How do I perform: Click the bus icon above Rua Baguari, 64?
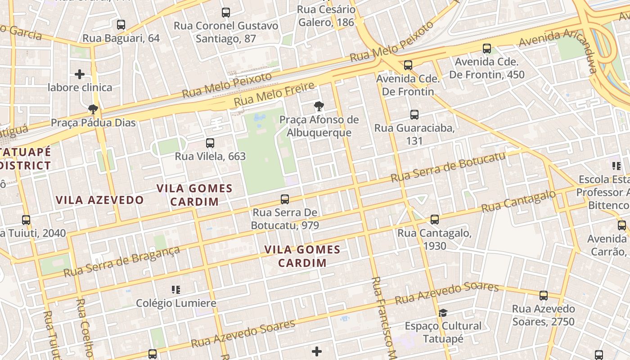(x=121, y=25)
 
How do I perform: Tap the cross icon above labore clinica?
(x=80, y=74)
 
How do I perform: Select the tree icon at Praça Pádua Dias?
(x=93, y=109)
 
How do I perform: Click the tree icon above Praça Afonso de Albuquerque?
(x=319, y=107)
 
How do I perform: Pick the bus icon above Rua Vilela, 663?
(x=210, y=143)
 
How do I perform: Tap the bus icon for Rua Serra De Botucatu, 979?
(x=284, y=199)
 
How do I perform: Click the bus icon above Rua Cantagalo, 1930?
(x=434, y=220)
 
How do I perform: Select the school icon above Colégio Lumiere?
(x=176, y=290)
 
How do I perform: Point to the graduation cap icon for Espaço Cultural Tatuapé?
(x=443, y=313)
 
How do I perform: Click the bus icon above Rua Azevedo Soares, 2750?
(x=544, y=296)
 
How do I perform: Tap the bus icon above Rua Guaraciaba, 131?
(x=414, y=115)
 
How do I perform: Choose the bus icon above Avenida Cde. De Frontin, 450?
(x=486, y=49)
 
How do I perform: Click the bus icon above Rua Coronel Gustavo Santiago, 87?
(x=226, y=13)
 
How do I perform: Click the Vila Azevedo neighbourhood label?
(x=99, y=200)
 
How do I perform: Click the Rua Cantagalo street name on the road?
(x=518, y=202)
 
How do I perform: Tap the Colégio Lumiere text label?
(x=176, y=303)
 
